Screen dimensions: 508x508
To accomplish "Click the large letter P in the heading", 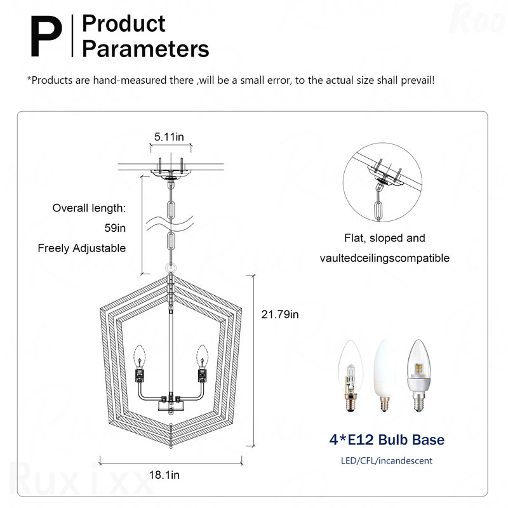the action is click(x=46, y=36).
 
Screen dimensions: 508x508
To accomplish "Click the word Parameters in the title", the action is click(x=145, y=49).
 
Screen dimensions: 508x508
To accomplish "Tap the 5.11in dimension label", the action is click(x=169, y=137).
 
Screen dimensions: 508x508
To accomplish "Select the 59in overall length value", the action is click(x=115, y=228).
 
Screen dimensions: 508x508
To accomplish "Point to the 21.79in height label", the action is click(x=280, y=314).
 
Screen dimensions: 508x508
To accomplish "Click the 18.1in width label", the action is click(x=164, y=475).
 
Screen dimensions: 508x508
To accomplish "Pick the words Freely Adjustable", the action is click(x=82, y=248).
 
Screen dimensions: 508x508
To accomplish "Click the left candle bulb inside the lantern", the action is click(x=140, y=356).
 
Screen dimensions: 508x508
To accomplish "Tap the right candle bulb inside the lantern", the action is click(x=202, y=356).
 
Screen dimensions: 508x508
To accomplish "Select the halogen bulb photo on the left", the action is click(x=351, y=376).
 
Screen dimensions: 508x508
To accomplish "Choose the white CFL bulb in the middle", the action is click(x=385, y=376).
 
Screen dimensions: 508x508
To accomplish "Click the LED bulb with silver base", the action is click(x=419, y=376).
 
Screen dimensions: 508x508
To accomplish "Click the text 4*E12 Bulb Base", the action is click(x=387, y=439).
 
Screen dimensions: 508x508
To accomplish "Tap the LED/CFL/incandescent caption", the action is click(x=387, y=461).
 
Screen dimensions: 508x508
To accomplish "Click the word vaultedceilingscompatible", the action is click(x=385, y=258).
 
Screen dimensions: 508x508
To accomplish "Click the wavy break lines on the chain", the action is click(x=170, y=224).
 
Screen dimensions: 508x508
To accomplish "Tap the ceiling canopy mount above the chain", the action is click(x=171, y=173).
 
